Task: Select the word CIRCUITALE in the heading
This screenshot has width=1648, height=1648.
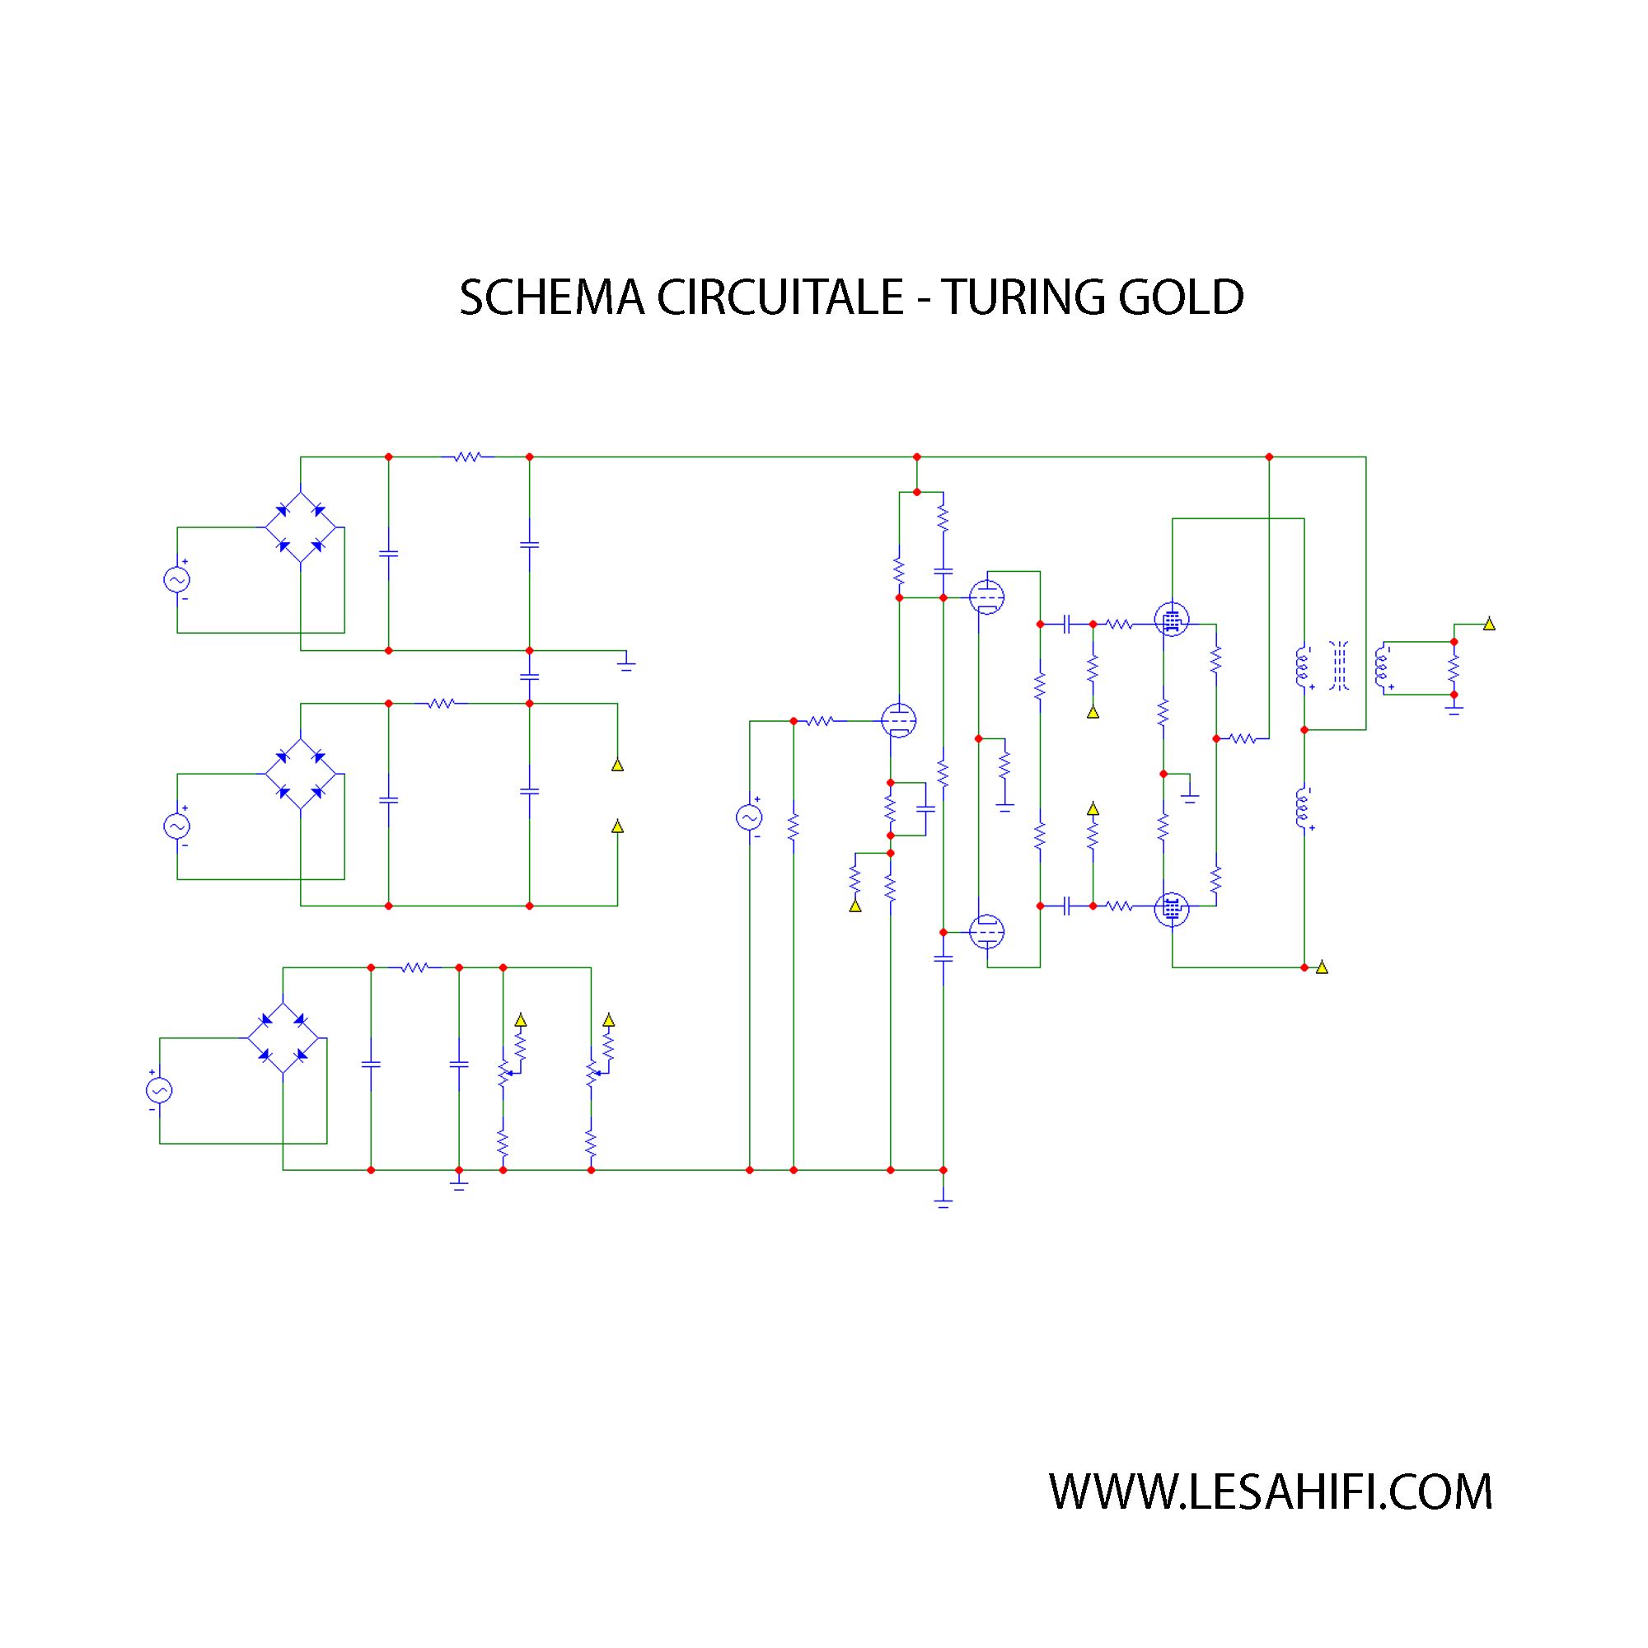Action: point(780,297)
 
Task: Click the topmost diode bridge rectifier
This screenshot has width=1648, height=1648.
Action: point(300,527)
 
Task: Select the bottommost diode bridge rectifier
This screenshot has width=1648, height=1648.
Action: point(283,1038)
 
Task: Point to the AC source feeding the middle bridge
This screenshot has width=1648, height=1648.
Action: point(176,826)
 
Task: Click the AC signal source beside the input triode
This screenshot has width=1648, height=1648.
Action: point(749,817)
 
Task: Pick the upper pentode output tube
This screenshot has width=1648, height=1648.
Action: point(1171,620)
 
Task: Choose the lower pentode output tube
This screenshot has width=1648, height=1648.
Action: point(1171,910)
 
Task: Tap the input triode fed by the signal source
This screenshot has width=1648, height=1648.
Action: point(898,721)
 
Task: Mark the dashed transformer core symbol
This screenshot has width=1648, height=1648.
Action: point(1338,666)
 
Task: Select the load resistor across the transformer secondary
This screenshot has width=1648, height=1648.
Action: point(1454,668)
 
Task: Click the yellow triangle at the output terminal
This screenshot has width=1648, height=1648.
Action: point(1488,624)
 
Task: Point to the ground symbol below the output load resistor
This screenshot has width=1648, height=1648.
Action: point(1454,709)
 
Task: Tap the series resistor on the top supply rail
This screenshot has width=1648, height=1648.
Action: point(467,457)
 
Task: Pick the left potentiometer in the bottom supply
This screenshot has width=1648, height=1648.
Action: point(503,1074)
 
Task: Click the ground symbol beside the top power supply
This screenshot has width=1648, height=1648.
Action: point(626,662)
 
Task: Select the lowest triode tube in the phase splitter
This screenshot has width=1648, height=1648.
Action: point(987,931)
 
